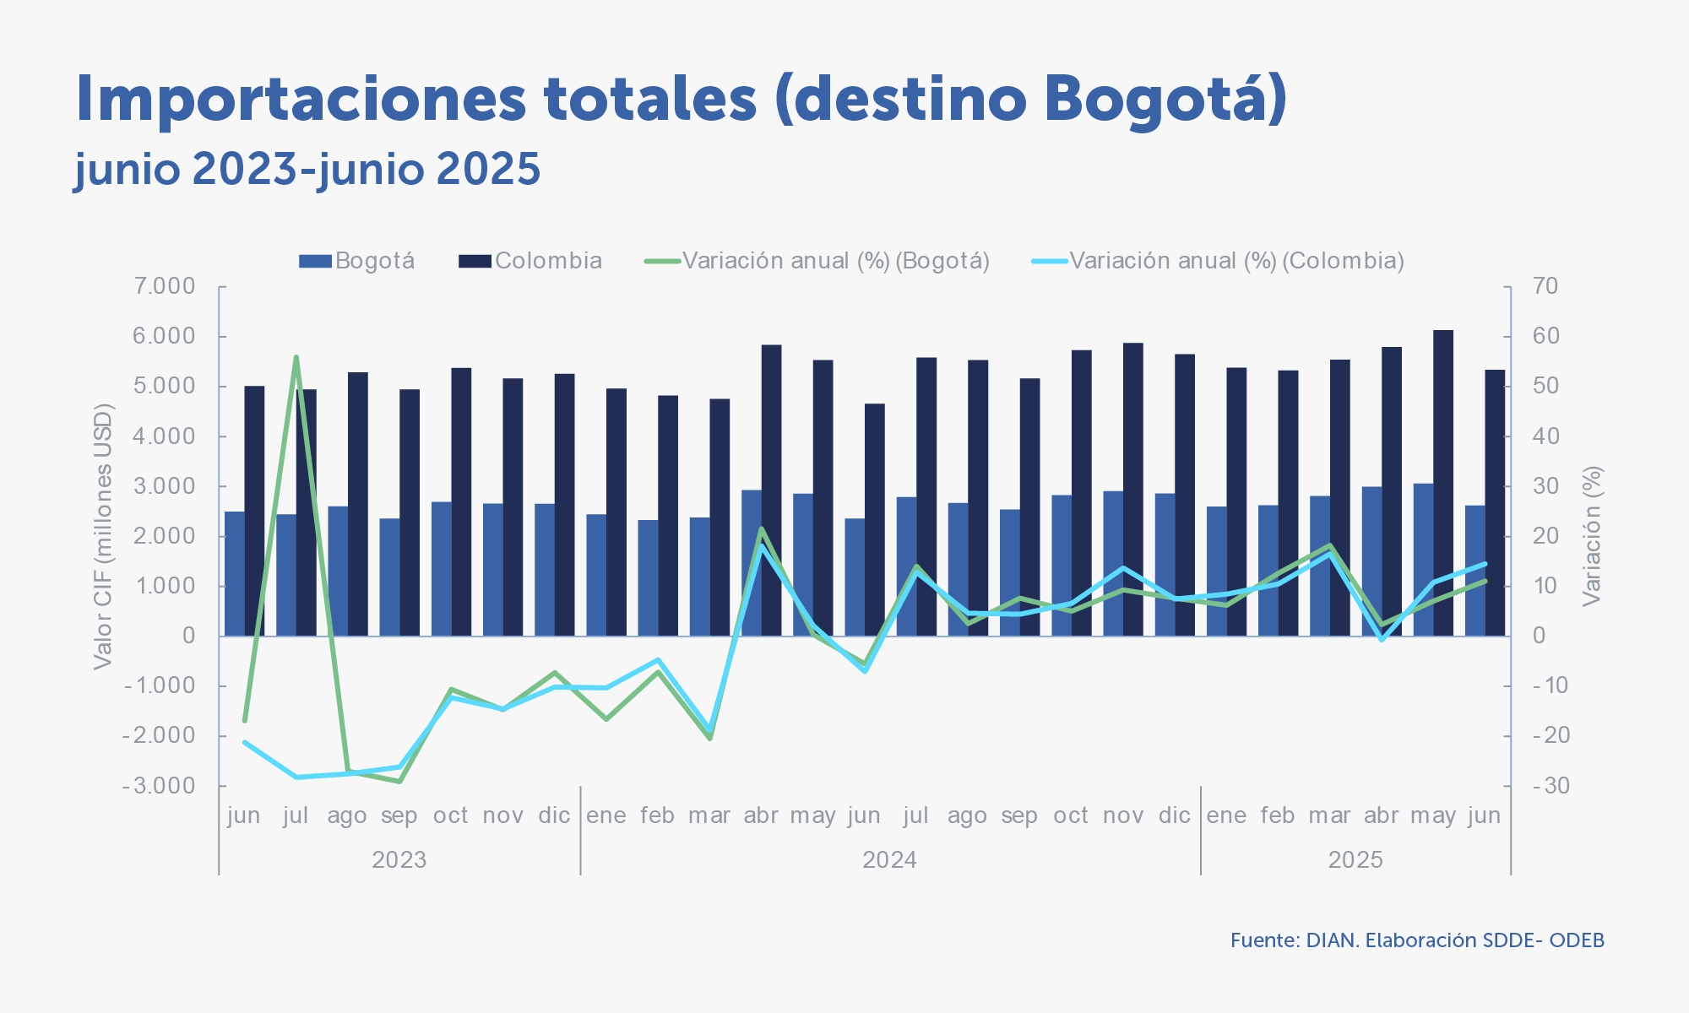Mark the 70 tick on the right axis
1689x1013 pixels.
[1545, 286]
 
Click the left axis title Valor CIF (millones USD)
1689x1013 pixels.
[103, 537]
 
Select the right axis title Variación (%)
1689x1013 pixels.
[1592, 537]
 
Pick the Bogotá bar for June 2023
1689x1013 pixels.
[235, 573]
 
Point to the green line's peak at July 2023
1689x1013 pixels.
[296, 357]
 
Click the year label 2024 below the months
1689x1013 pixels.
[889, 860]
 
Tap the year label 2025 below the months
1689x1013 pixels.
[1355, 860]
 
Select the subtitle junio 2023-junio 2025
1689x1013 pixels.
[307, 169]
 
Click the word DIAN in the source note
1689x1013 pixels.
[1332, 940]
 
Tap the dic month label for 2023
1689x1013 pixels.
[554, 816]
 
